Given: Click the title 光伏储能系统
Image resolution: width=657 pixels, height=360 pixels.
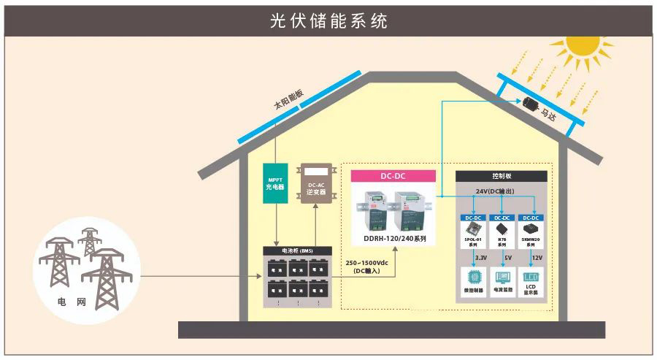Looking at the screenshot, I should point(328,20).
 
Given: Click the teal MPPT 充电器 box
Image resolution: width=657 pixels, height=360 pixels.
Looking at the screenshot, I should point(275,183).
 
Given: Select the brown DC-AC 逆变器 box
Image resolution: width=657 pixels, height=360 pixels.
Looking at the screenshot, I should point(315,183).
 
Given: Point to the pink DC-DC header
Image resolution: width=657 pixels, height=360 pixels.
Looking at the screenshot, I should point(393,176).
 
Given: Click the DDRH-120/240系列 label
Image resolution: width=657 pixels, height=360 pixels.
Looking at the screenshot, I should point(394,238).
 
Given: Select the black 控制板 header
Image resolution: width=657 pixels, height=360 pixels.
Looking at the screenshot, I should point(502,177).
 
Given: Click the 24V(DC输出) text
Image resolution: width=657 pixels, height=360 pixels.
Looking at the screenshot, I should point(502,191).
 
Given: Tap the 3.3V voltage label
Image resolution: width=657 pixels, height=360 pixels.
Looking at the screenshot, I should point(481,258).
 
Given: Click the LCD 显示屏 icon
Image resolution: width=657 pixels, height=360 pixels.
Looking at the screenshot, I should point(531,278).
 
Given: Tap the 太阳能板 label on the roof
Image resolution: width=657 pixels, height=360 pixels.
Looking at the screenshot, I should point(289,99).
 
